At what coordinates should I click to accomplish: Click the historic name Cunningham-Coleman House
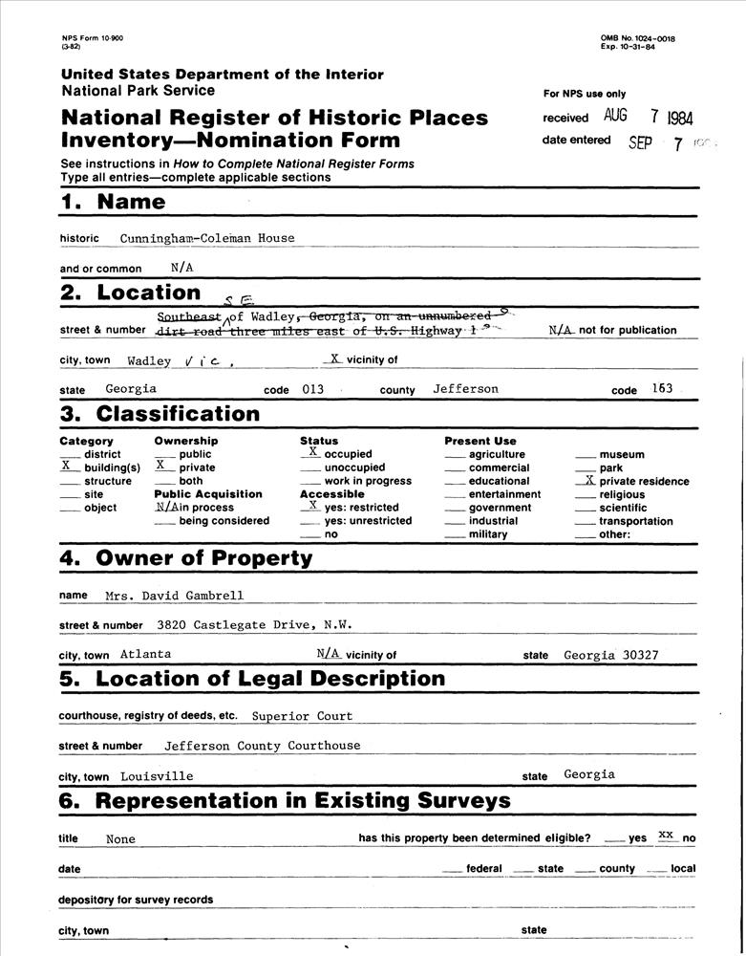pos(207,238)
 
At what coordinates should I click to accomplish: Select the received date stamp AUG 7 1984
pos(649,118)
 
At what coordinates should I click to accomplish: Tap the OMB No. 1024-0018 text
pos(638,38)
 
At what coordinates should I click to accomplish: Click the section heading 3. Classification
pos(160,414)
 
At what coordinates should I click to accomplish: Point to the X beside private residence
pos(589,480)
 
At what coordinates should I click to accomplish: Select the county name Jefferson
pos(465,390)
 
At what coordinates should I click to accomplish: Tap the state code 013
pos(312,390)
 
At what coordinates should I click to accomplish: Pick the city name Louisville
pos(157,776)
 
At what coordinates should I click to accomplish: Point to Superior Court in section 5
pos(302,716)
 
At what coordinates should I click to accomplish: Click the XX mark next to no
pos(667,835)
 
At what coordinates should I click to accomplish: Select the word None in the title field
pos(121,839)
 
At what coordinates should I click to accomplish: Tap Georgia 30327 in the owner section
pos(610,655)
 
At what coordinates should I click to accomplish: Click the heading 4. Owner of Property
pos(186,558)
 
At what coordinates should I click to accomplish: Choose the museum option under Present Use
pos(622,455)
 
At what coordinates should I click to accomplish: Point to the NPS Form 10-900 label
pos(92,38)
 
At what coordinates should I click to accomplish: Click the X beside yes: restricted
pos(312,505)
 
